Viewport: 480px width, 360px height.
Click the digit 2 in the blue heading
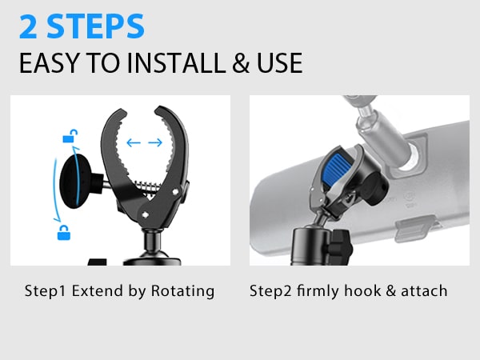tap(30, 26)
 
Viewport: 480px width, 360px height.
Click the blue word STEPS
tap(95, 26)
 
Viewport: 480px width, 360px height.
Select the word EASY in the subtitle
tap(46, 63)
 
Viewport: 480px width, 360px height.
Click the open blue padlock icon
tap(69, 136)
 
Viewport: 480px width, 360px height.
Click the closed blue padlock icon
tap(62, 233)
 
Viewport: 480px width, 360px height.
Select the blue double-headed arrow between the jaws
tap(144, 143)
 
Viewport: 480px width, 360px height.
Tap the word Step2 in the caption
tap(271, 290)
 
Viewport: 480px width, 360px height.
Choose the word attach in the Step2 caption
tap(422, 290)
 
